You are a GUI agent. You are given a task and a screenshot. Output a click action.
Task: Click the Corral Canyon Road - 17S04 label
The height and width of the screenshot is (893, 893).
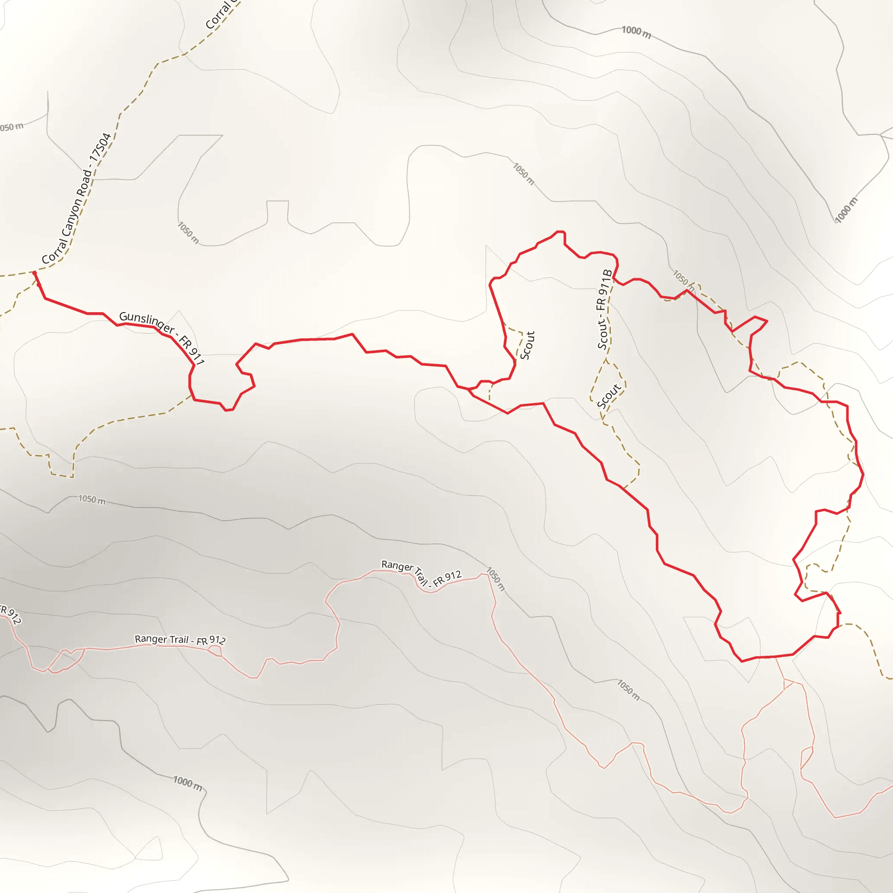[x=77, y=199]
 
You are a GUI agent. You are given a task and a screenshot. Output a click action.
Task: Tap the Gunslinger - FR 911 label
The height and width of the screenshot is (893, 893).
[x=162, y=337]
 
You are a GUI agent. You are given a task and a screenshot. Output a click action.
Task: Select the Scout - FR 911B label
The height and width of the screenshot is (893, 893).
[x=605, y=309]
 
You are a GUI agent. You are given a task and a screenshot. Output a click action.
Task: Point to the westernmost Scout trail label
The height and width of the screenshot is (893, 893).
[x=528, y=345]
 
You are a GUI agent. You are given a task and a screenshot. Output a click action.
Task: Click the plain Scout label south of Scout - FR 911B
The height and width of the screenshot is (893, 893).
[x=609, y=397]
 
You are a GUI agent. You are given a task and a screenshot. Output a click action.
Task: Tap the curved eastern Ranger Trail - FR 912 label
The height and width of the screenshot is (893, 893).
[x=421, y=573]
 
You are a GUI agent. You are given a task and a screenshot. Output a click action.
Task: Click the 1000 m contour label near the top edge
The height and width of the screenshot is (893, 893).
[x=636, y=32]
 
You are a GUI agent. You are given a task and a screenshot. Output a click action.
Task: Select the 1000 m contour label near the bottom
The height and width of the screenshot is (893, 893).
[x=187, y=783]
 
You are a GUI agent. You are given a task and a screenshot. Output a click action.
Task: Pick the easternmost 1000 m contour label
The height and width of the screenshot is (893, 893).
[x=846, y=209]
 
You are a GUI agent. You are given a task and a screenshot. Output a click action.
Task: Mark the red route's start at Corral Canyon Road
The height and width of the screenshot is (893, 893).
[x=35, y=273]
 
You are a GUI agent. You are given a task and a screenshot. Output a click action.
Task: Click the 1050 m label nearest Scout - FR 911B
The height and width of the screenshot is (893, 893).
[x=683, y=280]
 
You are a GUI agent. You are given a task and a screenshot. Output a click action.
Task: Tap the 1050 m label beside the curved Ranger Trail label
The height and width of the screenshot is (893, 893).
[x=495, y=579]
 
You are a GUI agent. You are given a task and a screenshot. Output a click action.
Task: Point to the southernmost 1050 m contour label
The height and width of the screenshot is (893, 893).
[x=629, y=690]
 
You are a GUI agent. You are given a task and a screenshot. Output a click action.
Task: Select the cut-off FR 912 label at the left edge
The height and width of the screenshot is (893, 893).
[x=10, y=614]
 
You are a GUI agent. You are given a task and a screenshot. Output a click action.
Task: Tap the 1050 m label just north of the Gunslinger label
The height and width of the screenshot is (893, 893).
[x=188, y=232]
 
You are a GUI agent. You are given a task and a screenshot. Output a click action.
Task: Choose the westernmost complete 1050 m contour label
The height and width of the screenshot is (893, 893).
[x=92, y=499]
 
